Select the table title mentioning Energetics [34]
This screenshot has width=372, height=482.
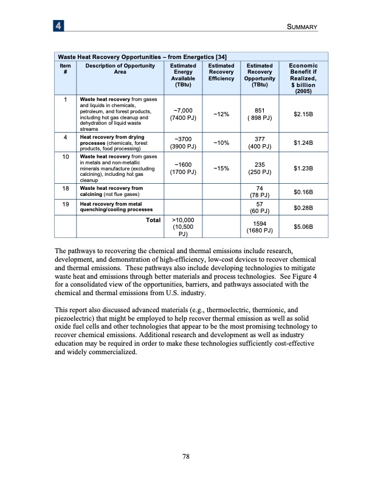click(142, 57)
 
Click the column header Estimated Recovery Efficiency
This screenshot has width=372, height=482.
click(221, 72)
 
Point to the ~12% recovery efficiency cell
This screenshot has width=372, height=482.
click(221, 114)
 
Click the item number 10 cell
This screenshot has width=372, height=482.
click(64, 156)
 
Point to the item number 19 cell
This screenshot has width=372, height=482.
click(64, 204)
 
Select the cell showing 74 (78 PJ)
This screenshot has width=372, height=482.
click(259, 192)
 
